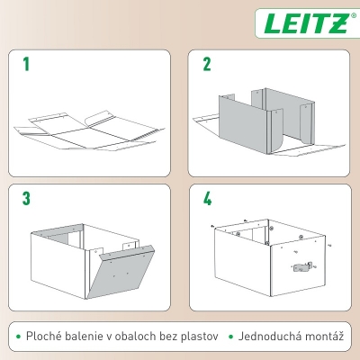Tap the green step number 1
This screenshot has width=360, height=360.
(27, 65)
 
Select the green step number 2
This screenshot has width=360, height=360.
(207, 65)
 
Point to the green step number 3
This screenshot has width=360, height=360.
(27, 199)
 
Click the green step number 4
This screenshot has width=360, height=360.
(208, 199)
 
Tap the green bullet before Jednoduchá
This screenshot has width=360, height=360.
(231, 337)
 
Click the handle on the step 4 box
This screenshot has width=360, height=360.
(303, 267)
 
